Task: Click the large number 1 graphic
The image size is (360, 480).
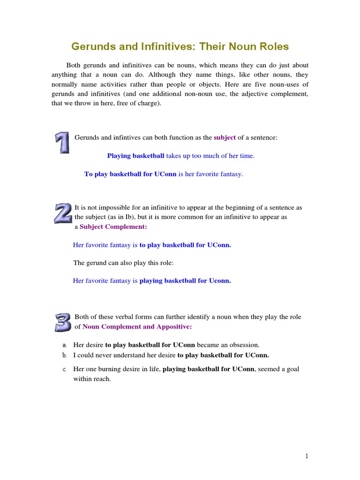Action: pos(62,143)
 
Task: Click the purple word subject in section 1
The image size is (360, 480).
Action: pos(225,137)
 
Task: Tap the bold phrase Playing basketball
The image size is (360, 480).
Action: pos(136,156)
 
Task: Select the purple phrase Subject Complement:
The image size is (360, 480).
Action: pos(113,226)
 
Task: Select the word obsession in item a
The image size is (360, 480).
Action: pos(244,345)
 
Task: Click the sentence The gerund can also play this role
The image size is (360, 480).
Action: pos(123,263)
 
